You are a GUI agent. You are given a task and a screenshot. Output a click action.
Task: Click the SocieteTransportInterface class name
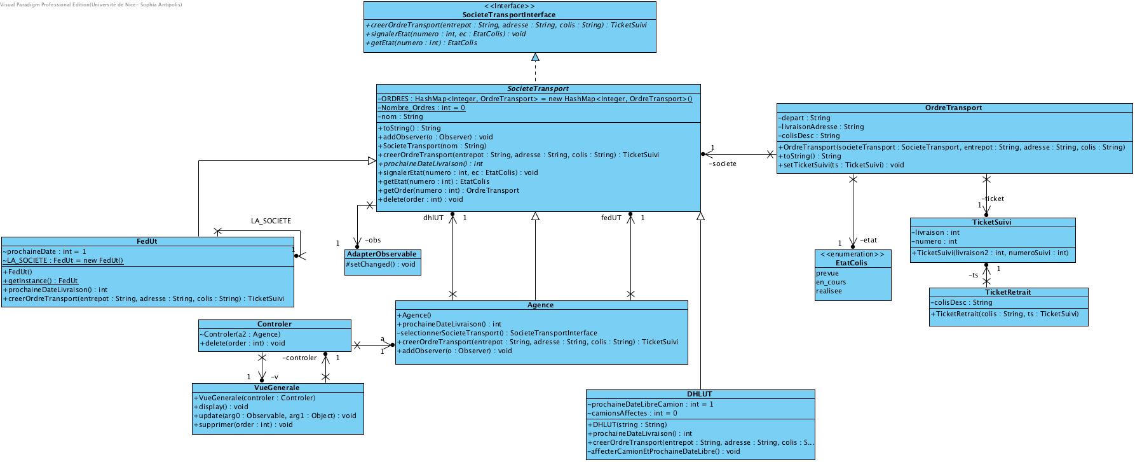509,15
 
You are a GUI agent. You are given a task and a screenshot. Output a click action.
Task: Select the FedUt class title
147,242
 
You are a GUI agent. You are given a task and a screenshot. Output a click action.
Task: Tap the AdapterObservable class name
382,254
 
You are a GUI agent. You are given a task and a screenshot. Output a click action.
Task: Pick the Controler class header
275,324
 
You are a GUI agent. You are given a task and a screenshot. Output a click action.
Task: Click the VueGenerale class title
277,388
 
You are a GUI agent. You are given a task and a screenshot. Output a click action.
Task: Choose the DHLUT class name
699,394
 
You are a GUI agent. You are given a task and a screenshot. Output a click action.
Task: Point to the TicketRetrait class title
1008,292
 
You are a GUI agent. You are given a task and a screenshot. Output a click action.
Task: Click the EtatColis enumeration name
852,263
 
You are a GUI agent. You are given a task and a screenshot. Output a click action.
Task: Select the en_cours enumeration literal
831,282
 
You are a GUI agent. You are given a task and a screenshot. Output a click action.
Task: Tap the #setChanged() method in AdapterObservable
381,264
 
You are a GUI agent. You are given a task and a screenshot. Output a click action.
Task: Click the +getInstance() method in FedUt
41,281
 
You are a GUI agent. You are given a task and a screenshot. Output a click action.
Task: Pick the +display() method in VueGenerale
221,407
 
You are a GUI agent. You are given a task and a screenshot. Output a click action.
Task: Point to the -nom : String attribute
401,116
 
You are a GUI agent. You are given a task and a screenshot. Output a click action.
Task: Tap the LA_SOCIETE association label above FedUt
271,221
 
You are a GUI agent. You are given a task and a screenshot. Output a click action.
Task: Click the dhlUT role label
433,218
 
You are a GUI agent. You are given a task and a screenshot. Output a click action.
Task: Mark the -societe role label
723,164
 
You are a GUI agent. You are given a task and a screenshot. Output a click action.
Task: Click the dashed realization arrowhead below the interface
535,58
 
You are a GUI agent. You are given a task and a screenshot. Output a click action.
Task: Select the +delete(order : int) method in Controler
242,343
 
